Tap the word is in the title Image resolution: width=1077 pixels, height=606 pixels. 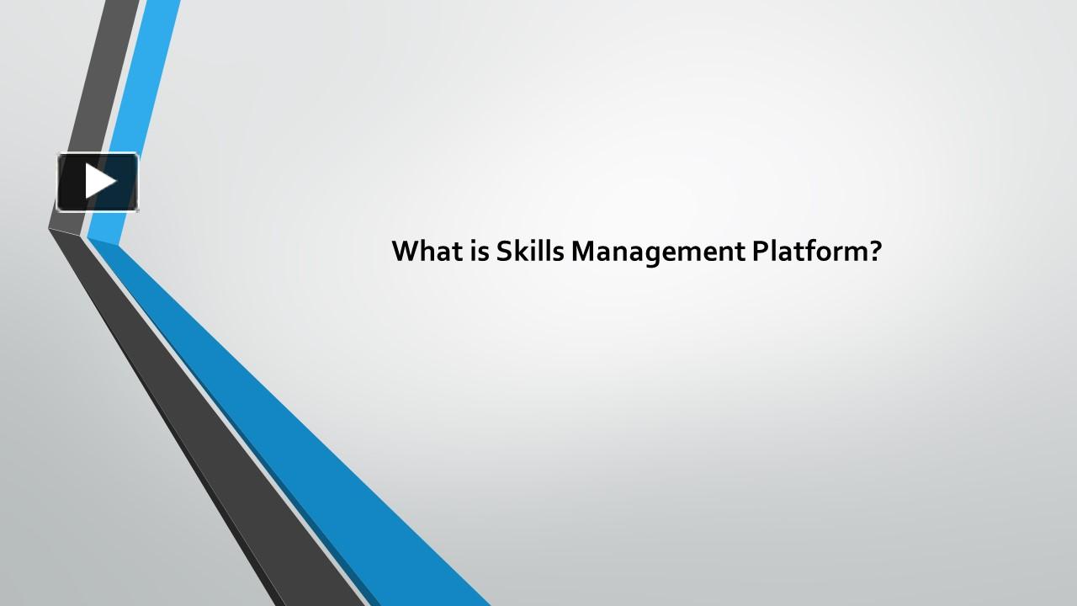475,251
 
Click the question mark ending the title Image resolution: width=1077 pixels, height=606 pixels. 874,251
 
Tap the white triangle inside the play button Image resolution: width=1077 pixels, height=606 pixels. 99,182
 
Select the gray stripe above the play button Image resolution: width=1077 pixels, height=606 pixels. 109,67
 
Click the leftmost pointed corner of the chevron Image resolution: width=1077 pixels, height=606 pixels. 50,228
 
